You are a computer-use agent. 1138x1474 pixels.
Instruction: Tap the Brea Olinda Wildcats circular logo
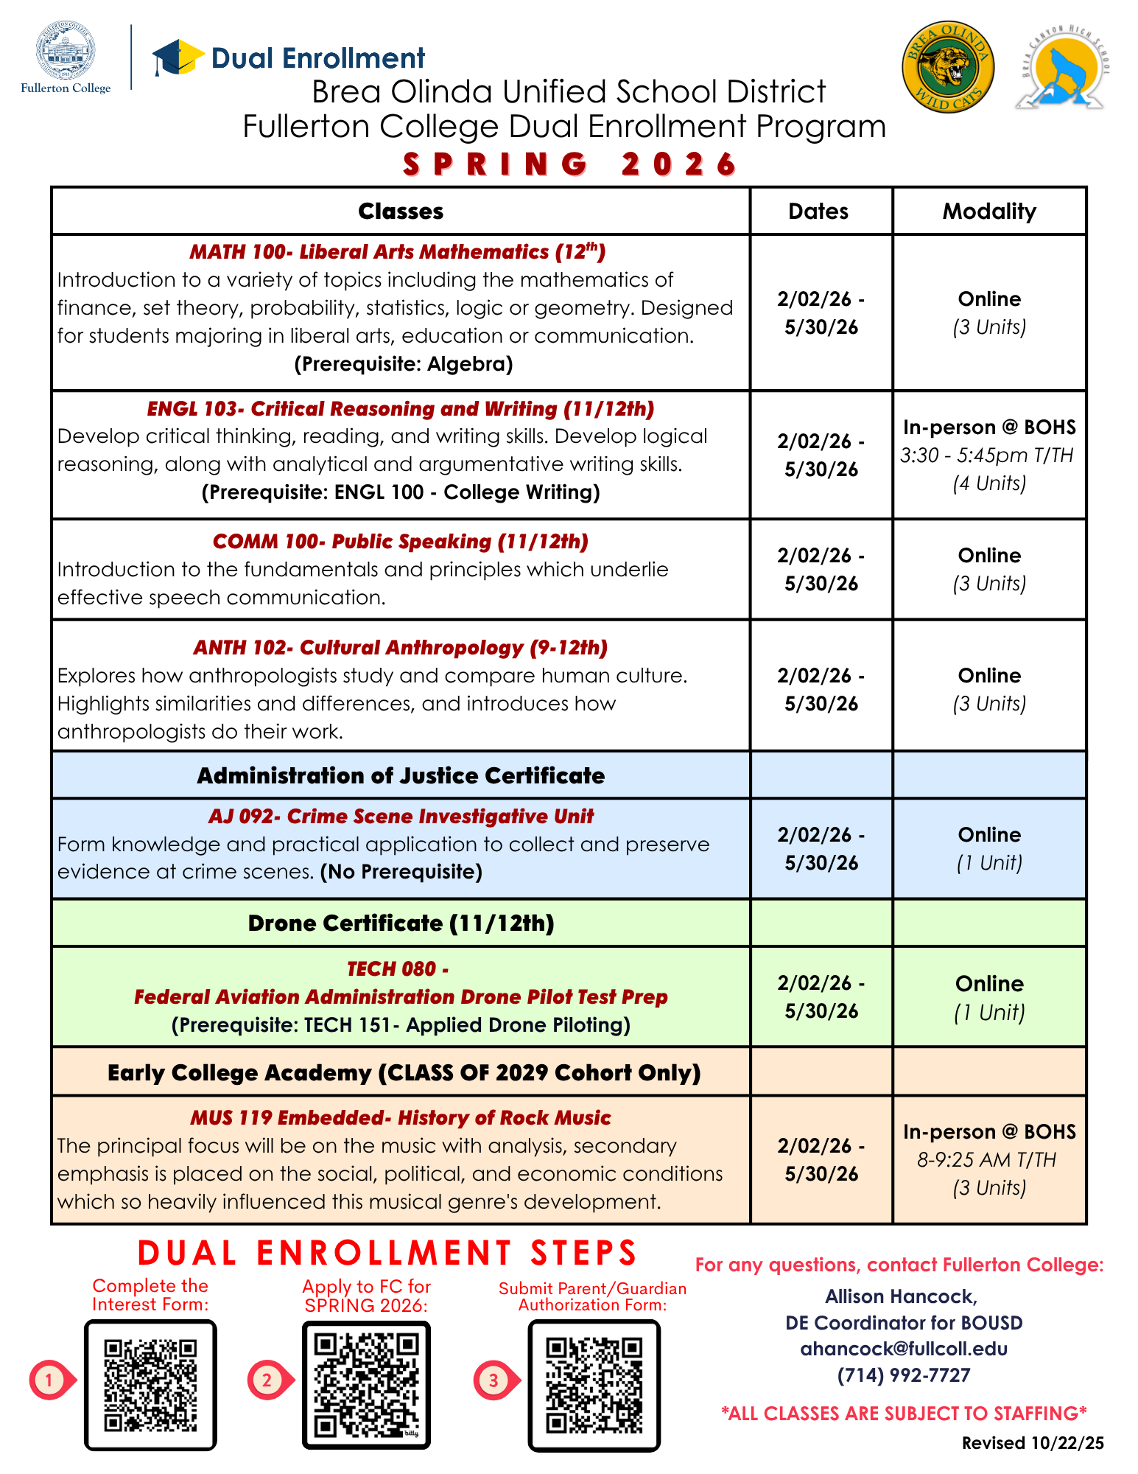(x=948, y=67)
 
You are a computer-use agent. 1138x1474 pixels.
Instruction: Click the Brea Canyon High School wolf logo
(x=1061, y=67)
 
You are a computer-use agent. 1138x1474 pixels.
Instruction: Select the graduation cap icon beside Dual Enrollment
(x=177, y=57)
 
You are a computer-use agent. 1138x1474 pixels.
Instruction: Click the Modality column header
(x=989, y=212)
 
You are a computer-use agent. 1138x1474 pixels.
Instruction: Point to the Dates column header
(x=818, y=212)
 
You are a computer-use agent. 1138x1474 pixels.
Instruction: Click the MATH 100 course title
(x=398, y=252)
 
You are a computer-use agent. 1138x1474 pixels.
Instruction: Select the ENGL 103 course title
(x=401, y=409)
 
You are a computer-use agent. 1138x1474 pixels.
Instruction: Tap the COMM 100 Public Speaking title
(x=401, y=542)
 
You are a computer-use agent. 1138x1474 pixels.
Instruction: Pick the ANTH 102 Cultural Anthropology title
(x=401, y=648)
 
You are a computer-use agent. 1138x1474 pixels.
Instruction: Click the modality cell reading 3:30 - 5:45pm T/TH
(x=987, y=455)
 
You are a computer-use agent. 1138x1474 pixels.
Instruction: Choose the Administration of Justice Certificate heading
(x=401, y=776)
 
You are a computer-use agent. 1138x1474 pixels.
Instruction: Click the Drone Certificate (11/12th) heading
(x=401, y=923)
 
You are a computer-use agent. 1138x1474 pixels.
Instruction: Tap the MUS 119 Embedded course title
(x=401, y=1118)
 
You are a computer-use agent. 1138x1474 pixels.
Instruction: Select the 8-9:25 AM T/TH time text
(x=986, y=1160)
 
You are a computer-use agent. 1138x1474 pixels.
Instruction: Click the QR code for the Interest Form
(x=150, y=1385)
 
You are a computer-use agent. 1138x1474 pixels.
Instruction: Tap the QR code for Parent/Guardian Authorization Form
(x=594, y=1385)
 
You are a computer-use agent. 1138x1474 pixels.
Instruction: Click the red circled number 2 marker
(x=267, y=1380)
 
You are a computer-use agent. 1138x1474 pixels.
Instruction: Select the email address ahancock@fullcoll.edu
(x=904, y=1349)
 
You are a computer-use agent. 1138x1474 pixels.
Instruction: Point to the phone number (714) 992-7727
(x=904, y=1375)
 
